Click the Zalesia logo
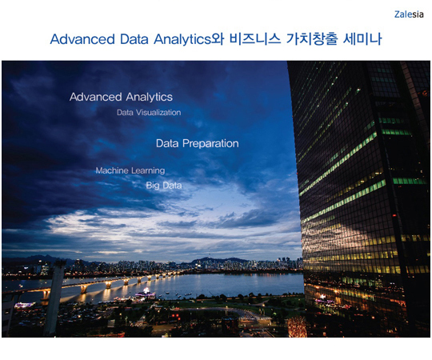point(409,14)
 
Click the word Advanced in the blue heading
point(82,39)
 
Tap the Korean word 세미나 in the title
point(362,39)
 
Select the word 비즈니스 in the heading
point(255,39)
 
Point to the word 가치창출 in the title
point(312,39)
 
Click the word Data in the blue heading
point(134,39)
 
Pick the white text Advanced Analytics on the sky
point(121,97)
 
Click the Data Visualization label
point(149,112)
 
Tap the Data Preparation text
point(198,143)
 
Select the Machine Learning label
point(130,170)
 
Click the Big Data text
point(164,186)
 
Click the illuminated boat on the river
point(145,294)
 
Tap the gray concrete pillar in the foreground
point(54,298)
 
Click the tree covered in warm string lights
point(297,327)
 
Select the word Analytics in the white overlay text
point(150,98)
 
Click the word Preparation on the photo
point(210,144)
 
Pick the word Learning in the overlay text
point(148,171)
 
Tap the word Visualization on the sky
point(158,112)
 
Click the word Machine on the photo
point(112,170)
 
